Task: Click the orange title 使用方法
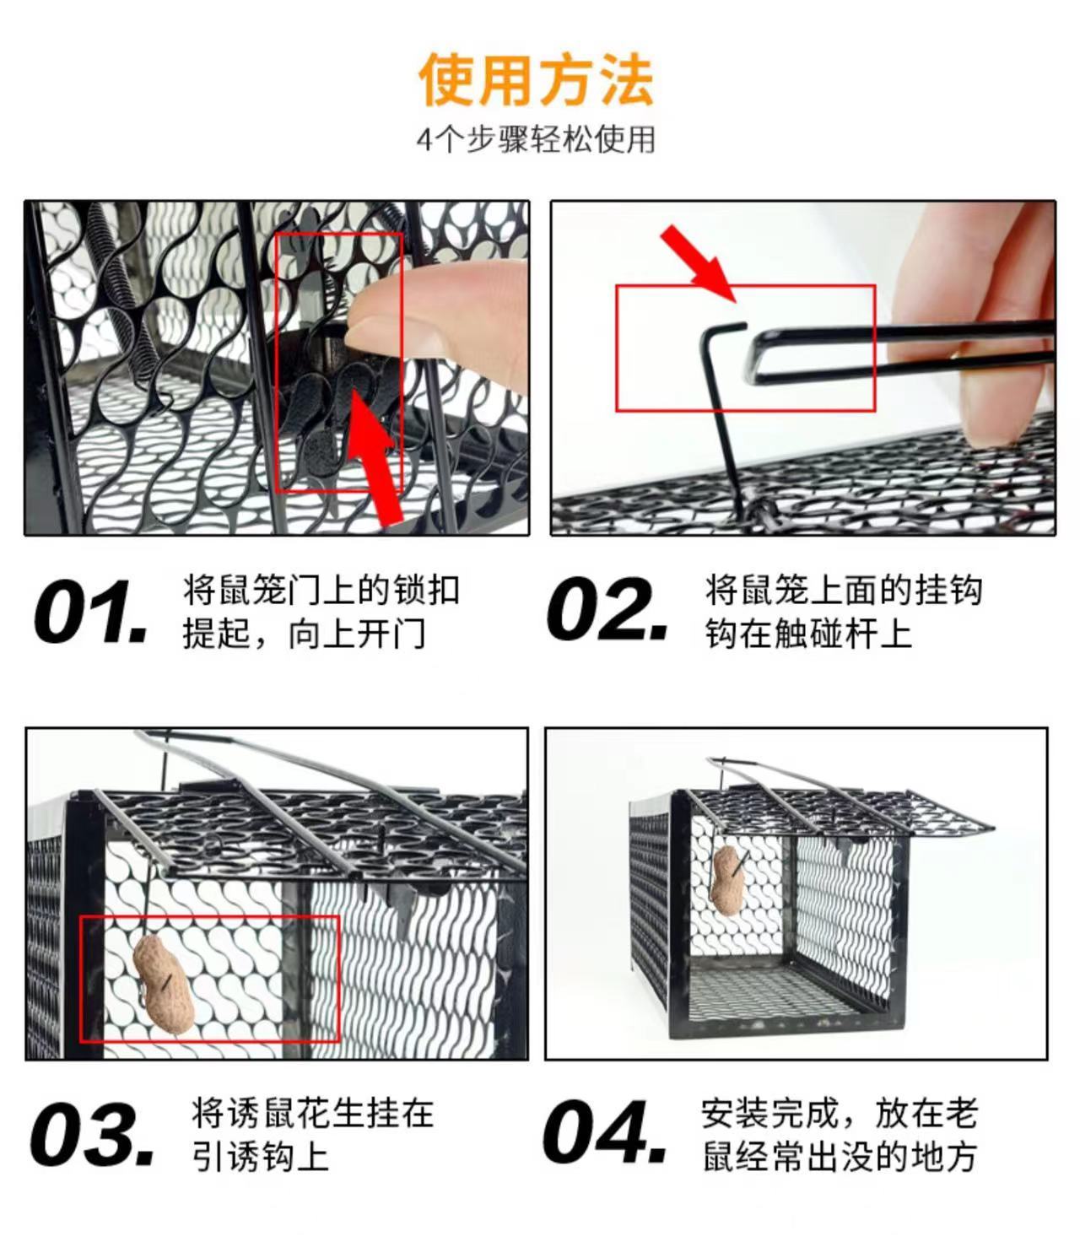pos(536,79)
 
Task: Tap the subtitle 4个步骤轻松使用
pos(536,139)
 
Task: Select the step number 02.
pos(607,608)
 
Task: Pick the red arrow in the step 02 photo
pos(698,263)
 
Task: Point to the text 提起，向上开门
pos(304,634)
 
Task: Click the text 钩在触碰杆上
pos(807,634)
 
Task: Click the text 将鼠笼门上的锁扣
pos(321,590)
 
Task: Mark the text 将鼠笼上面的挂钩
pos(844,590)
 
